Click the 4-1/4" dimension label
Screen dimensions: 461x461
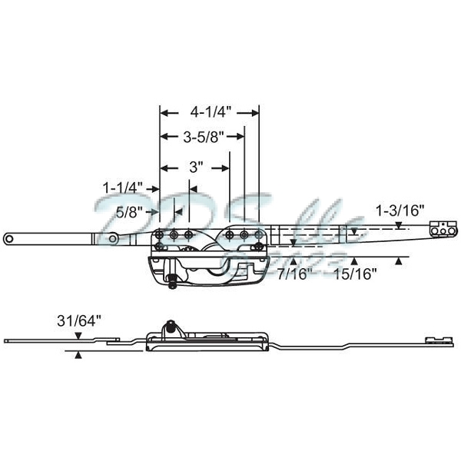pos(208,111)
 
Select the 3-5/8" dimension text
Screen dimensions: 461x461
pos(204,138)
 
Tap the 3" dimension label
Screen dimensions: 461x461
pos(196,166)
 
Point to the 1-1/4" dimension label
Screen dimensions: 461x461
pos(123,187)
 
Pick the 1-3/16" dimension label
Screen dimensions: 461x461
pos(400,210)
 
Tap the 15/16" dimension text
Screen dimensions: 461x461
pos(353,274)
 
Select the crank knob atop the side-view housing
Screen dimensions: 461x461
pos(170,325)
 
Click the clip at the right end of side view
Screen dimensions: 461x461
pos(436,337)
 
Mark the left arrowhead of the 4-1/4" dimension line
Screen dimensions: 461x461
pos(164,111)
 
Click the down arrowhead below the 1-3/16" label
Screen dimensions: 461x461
pos(400,224)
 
